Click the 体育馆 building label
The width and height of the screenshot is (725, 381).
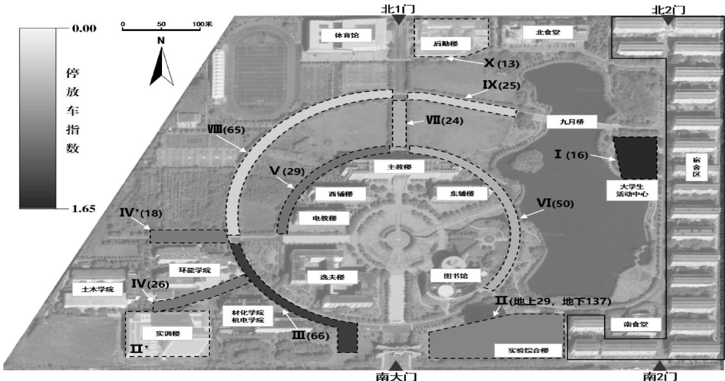(x=346, y=36)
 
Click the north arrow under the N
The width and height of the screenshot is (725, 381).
(x=161, y=67)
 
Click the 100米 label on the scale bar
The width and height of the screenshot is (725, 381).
(x=202, y=24)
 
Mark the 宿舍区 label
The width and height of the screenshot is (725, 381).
(x=696, y=169)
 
